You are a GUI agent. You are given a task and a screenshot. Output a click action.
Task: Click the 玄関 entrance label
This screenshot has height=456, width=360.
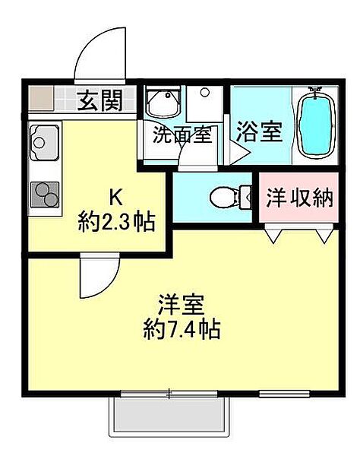(100, 100)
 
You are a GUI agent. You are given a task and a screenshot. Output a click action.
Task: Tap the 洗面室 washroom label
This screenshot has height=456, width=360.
(182, 135)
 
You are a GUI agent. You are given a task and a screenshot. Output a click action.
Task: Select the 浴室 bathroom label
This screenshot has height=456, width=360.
(259, 131)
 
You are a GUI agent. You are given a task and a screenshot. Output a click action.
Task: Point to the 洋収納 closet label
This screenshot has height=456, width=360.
(299, 198)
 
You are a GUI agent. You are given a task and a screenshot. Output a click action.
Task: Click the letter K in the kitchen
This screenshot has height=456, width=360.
(115, 197)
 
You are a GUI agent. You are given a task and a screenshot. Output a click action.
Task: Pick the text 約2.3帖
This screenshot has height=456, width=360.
(116, 222)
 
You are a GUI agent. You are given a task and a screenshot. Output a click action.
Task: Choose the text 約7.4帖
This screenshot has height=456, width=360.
(182, 329)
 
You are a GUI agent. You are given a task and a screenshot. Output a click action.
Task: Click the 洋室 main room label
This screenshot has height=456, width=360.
(181, 304)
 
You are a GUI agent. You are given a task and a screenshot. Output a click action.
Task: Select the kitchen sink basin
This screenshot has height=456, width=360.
(44, 143)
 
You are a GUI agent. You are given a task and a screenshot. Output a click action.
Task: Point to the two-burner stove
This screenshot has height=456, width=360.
(45, 195)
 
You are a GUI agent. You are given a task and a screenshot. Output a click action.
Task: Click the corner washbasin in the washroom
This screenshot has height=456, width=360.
(163, 103)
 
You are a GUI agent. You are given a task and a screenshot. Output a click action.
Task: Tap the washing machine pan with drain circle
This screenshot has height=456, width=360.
(204, 104)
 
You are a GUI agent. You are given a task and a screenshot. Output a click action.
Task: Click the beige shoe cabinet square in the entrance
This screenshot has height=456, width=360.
(41, 98)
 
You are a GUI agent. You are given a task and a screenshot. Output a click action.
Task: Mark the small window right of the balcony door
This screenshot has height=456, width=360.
(284, 394)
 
